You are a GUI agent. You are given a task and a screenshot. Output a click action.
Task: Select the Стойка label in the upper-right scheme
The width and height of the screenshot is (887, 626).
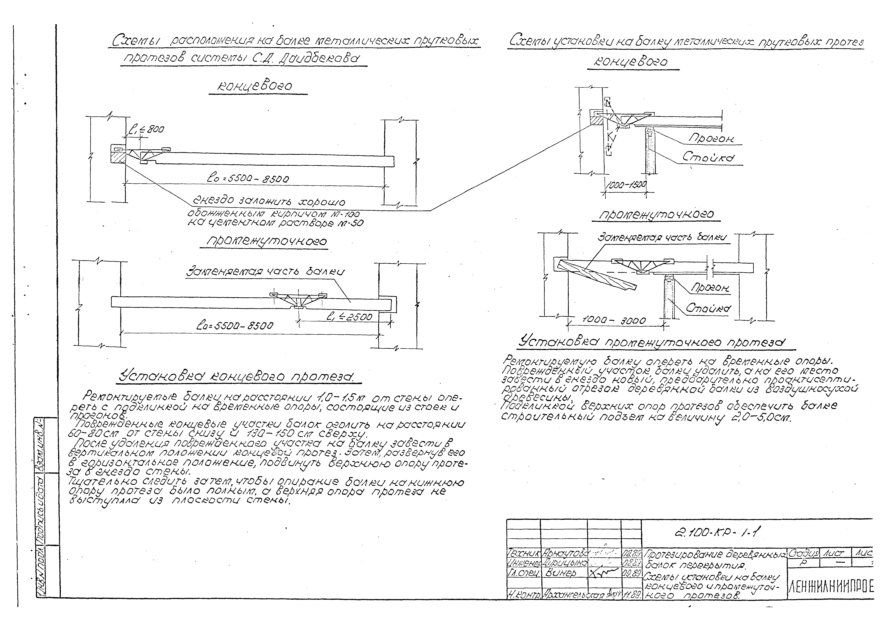tap(708, 157)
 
